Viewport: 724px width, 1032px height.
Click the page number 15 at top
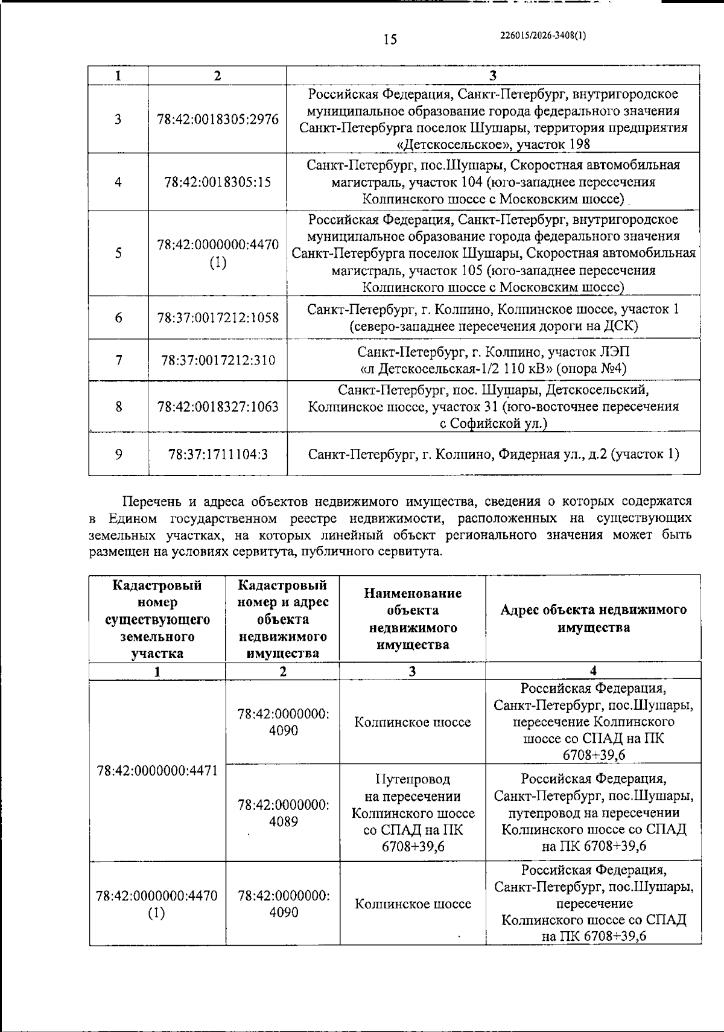[390, 40]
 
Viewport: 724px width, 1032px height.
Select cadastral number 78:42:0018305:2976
[218, 119]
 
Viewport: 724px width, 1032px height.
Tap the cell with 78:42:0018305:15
[218, 182]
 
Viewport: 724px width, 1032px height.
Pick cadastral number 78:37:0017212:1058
[218, 317]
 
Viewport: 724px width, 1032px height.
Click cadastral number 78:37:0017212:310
[218, 360]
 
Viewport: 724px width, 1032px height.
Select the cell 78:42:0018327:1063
[218, 406]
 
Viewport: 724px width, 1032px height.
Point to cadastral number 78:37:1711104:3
[218, 454]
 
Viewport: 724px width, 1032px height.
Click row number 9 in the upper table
[119, 454]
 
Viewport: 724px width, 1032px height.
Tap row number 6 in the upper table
[119, 317]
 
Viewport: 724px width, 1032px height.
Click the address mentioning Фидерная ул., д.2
[493, 454]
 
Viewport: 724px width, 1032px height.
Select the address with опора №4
[493, 360]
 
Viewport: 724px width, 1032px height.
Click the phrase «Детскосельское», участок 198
[493, 144]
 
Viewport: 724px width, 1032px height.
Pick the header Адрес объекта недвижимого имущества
[593, 618]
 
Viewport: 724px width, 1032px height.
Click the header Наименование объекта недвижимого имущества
[413, 618]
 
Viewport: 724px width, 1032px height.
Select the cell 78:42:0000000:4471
[157, 771]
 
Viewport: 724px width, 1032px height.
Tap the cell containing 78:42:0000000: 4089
[283, 813]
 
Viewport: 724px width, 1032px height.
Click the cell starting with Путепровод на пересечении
[413, 813]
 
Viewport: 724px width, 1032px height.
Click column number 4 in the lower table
[593, 670]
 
